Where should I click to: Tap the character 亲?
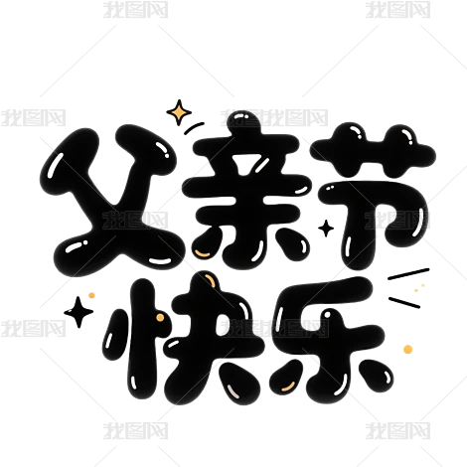[x=246, y=191]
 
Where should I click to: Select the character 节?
[x=373, y=196]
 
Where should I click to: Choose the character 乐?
[x=330, y=340]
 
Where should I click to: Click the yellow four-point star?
[x=179, y=112]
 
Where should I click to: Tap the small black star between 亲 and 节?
[x=326, y=229]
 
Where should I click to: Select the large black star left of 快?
[x=78, y=312]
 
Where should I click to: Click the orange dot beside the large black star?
[x=91, y=295]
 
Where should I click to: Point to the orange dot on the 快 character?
[x=160, y=318]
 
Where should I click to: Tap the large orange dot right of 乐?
[x=408, y=350]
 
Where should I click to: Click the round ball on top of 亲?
[x=242, y=122]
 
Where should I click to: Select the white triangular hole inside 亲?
[x=244, y=166]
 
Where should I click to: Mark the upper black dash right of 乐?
[x=408, y=274]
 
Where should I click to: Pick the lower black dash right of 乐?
[x=404, y=302]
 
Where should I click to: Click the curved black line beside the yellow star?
[x=194, y=128]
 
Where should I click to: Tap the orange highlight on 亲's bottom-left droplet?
[x=202, y=253]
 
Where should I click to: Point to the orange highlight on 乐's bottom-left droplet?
[x=287, y=387]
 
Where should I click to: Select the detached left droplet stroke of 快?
[x=115, y=335]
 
